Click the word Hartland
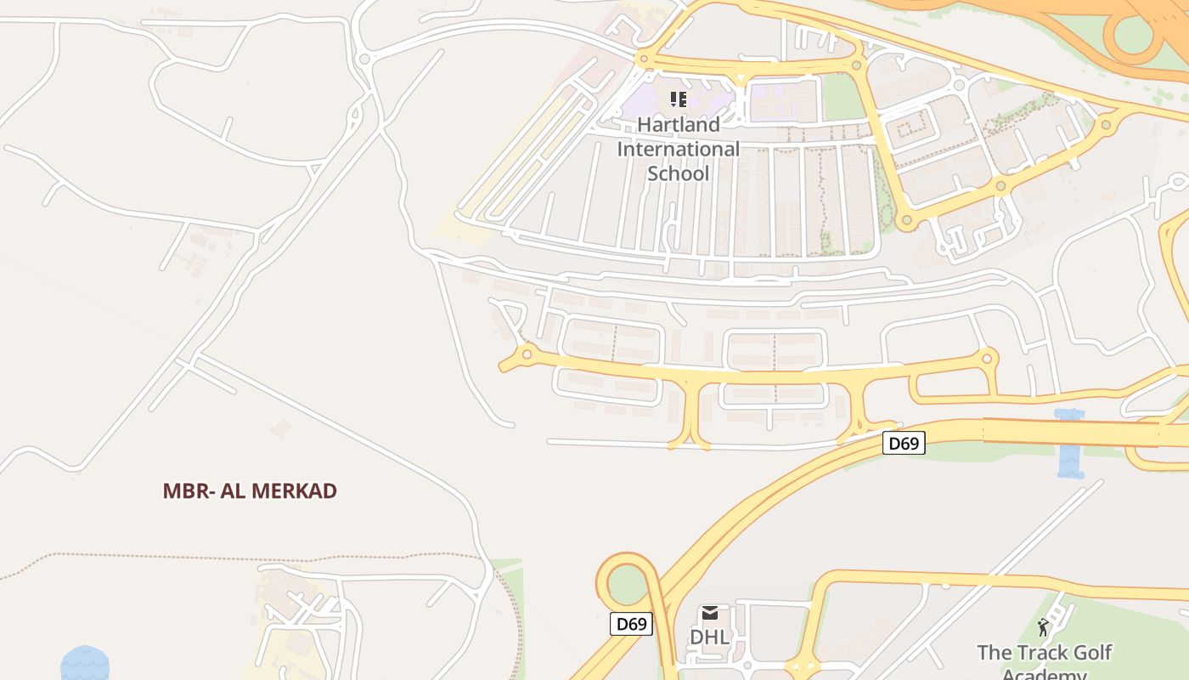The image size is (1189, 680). click(x=679, y=125)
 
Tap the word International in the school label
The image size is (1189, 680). click(x=679, y=150)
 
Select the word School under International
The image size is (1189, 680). click(x=679, y=173)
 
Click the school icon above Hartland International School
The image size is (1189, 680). click(x=679, y=99)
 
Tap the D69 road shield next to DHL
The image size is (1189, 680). click(x=631, y=624)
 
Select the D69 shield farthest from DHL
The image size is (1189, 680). click(x=903, y=443)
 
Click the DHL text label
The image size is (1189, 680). click(x=709, y=637)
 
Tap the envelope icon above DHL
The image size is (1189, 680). click(x=710, y=613)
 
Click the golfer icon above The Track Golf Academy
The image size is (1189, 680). click(x=1043, y=627)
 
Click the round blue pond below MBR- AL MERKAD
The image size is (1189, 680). click(x=85, y=664)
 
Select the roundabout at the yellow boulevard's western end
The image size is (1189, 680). click(x=527, y=354)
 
